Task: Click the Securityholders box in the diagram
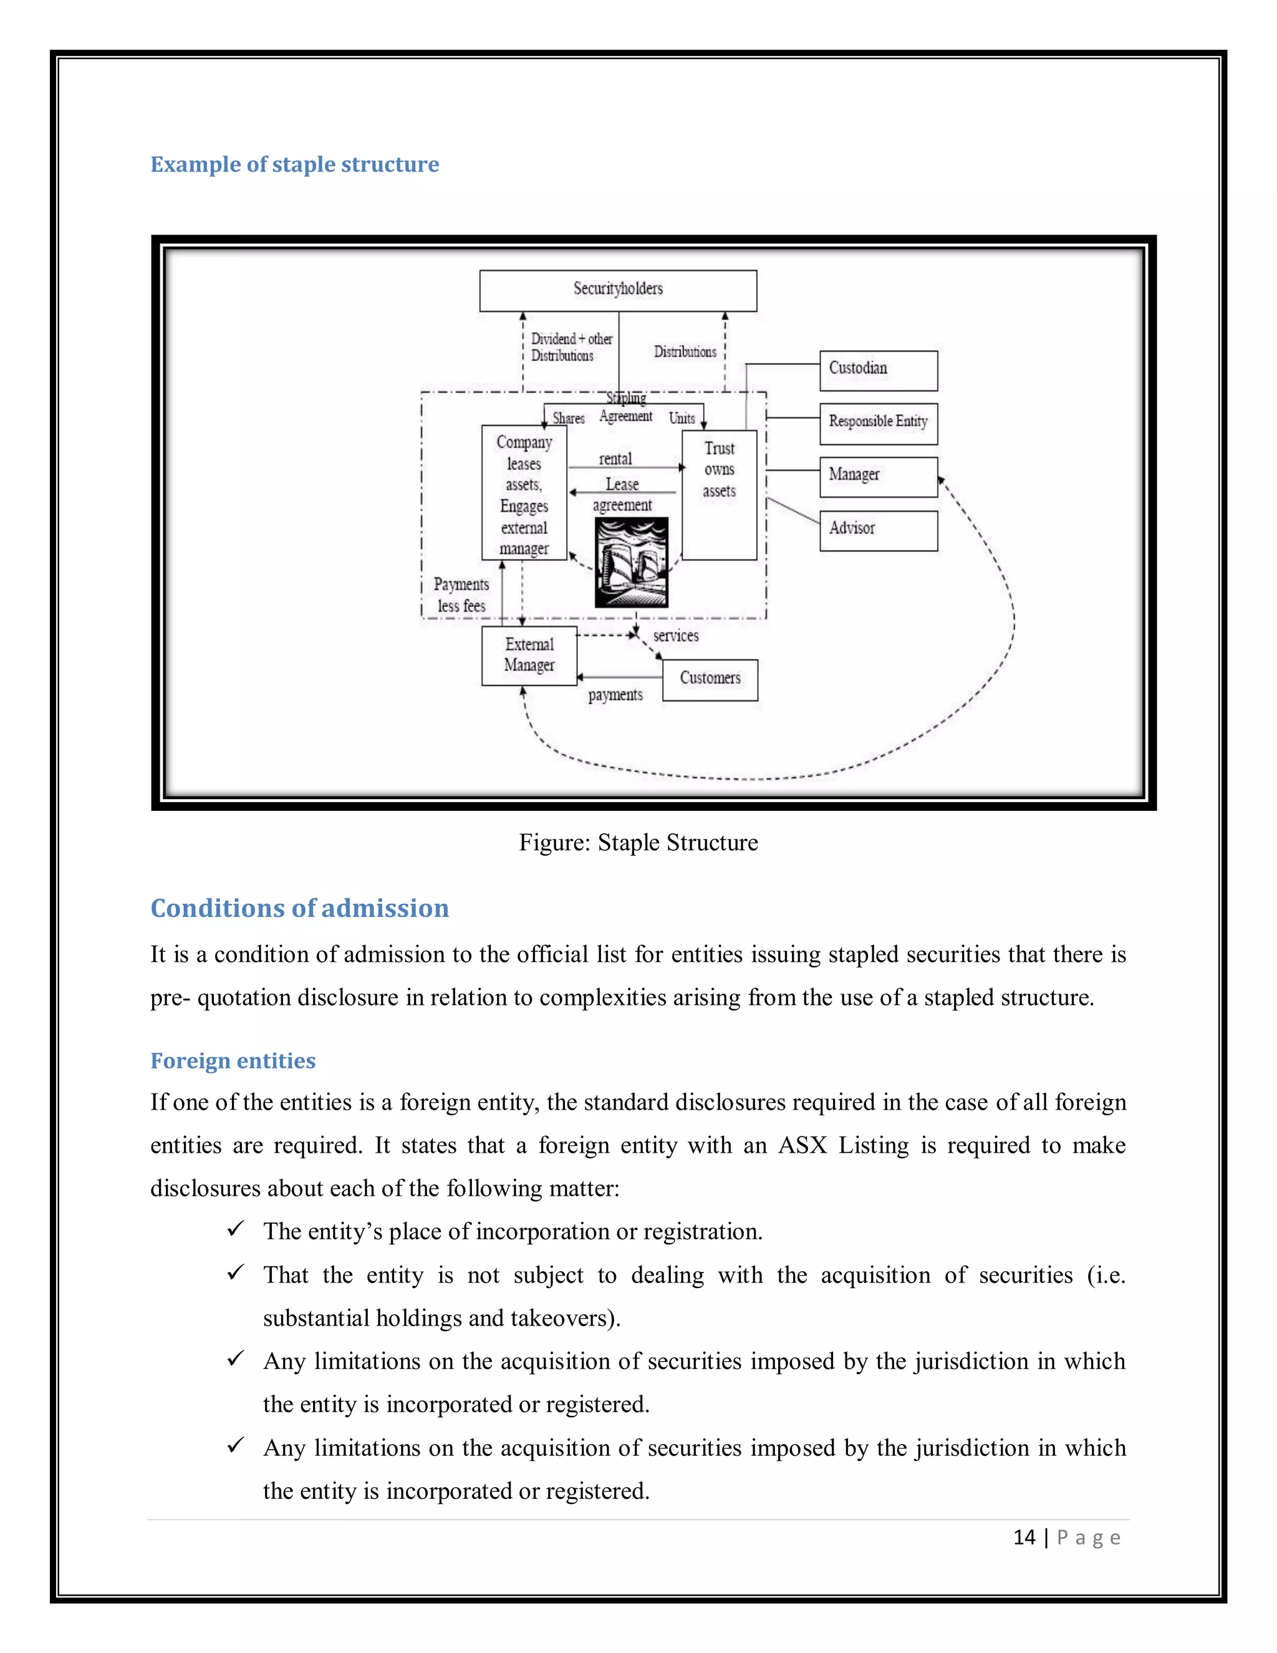click(x=618, y=290)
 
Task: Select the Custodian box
click(x=879, y=370)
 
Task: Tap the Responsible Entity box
click(x=879, y=423)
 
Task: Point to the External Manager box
click(x=529, y=656)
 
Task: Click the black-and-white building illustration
click(x=632, y=563)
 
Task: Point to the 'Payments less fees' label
click(x=461, y=595)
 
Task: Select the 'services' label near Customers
click(x=675, y=636)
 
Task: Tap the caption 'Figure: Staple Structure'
click(x=638, y=842)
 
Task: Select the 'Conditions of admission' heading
click(x=299, y=908)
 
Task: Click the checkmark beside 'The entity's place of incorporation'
click(x=235, y=1229)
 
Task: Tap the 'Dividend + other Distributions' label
click(x=571, y=347)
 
